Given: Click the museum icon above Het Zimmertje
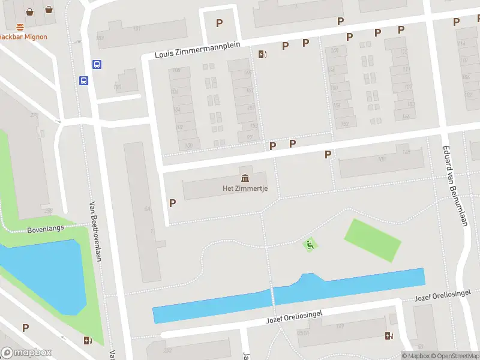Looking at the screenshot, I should tap(245, 178).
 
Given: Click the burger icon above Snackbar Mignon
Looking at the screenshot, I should tap(20, 26).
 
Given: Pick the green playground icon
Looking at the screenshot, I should tap(310, 244).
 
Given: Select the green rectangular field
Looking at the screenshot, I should tap(373, 240).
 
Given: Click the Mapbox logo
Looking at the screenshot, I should tap(26, 353).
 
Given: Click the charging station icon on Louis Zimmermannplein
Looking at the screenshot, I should tap(262, 55).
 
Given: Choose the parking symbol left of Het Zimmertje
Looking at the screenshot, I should tap(172, 203).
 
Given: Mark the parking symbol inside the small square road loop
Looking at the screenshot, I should tap(219, 23).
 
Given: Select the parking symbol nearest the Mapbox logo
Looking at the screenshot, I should tap(25, 328).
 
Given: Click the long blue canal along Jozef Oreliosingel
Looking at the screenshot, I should tap(288, 297).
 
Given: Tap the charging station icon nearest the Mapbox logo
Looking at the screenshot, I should tap(89, 341).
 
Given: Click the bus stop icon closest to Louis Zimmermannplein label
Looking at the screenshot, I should tap(97, 64).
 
